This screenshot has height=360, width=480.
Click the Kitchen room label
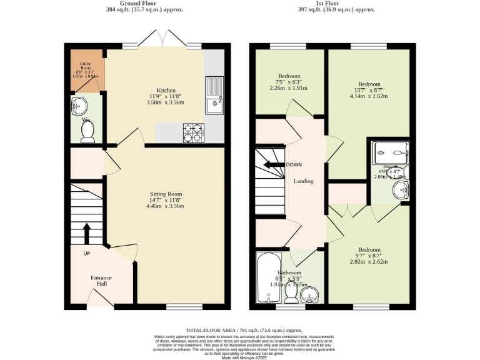coord(166,90)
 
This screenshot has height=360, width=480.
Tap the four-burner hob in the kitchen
coord(194,132)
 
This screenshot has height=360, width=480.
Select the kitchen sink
coord(214,94)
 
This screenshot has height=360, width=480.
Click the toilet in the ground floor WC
coord(87,131)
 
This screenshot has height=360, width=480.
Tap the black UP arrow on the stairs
coord(86,234)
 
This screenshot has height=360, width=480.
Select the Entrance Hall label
coord(101,281)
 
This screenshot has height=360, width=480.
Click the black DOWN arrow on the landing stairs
coord(272,165)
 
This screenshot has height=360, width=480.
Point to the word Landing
coord(303,181)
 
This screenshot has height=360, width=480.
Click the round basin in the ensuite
coord(399,189)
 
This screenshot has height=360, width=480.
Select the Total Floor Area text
coord(244,329)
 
